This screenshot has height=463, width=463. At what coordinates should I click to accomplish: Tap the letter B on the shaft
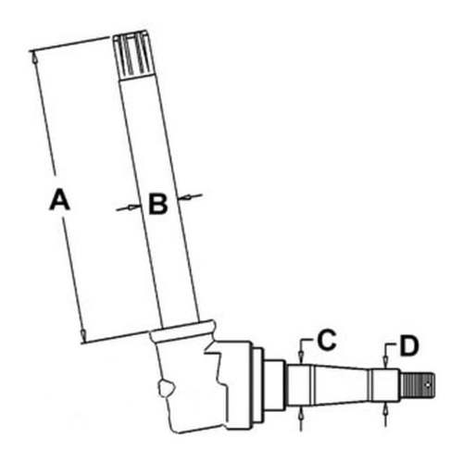pyautogui.click(x=158, y=203)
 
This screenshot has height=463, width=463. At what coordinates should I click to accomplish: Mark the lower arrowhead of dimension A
pyautogui.click(x=83, y=335)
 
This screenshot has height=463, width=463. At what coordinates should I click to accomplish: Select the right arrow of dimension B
pyautogui.click(x=192, y=195)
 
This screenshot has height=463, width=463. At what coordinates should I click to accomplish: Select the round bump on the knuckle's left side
pyautogui.click(x=164, y=387)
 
